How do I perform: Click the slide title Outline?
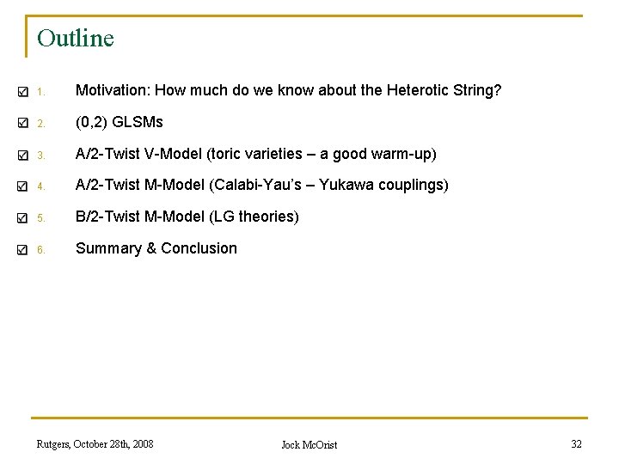coord(76,39)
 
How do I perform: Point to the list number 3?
coord(40,156)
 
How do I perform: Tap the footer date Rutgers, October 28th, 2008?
coord(95,443)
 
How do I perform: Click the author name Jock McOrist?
coord(309,444)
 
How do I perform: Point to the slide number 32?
coord(576,443)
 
